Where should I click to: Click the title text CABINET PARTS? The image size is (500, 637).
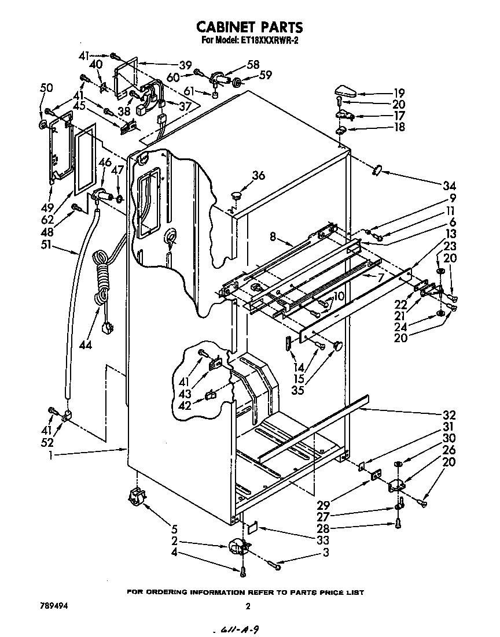[x=249, y=27]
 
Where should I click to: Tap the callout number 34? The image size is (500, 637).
[x=449, y=186]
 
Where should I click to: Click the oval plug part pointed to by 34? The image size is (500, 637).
[x=377, y=169]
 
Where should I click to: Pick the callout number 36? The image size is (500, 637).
[x=258, y=176]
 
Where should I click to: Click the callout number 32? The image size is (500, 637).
[x=449, y=415]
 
